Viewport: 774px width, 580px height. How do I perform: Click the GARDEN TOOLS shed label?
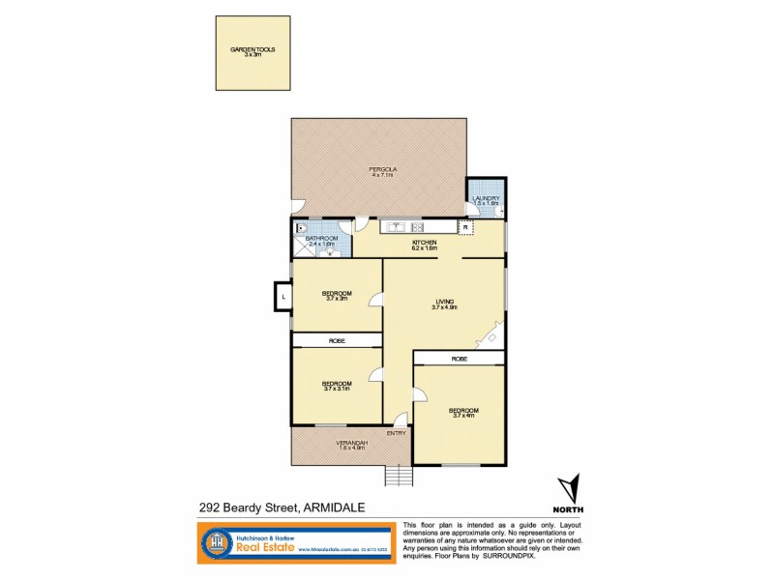[x=253, y=51]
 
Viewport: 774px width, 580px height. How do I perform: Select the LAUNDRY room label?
[x=485, y=200]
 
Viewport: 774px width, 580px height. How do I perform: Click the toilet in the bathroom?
[x=301, y=230]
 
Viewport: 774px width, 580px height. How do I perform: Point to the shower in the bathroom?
[x=298, y=254]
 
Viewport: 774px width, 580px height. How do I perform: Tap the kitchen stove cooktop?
[x=439, y=228]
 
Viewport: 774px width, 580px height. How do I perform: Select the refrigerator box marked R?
[x=478, y=228]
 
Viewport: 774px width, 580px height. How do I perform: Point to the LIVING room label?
[x=444, y=304]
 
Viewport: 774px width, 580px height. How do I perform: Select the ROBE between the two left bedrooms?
[x=337, y=340]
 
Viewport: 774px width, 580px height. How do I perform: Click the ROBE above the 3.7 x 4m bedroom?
[x=459, y=358]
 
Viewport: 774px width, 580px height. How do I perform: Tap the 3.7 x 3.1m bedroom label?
[x=337, y=385]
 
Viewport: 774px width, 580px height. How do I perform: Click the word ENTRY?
[x=397, y=433]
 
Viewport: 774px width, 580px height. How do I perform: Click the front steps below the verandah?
[x=398, y=477]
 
